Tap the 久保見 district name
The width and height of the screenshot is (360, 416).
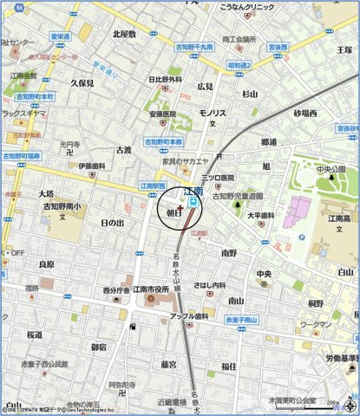pyautogui.click(x=82, y=83)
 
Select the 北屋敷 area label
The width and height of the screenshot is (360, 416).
pyautogui.click(x=124, y=34)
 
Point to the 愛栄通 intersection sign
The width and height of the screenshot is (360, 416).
pyautogui.click(x=60, y=36)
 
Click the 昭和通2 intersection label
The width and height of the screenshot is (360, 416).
pyautogui.click(x=239, y=65)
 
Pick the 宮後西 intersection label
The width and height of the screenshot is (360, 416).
pyautogui.click(x=278, y=48)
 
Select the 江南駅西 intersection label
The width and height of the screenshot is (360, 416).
pyautogui.click(x=154, y=185)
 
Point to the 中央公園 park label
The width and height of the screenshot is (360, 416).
pyautogui.click(x=331, y=169)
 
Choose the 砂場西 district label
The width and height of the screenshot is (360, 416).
pyautogui.click(x=305, y=113)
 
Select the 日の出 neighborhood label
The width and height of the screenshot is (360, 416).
pyautogui.click(x=112, y=223)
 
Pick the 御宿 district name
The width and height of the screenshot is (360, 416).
pyautogui.click(x=99, y=347)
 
